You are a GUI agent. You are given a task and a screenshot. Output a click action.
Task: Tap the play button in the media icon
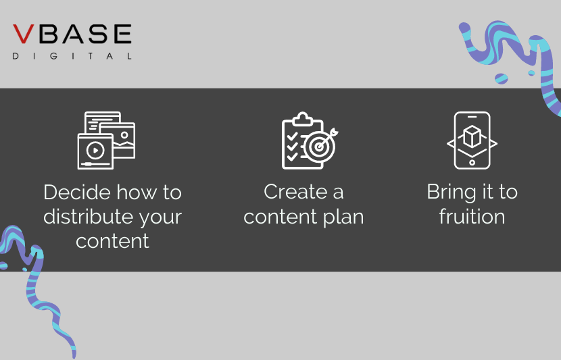click(x=95, y=150)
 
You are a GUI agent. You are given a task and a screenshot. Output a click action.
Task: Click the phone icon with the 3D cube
click(x=472, y=140)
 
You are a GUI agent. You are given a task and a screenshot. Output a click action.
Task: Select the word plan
click(x=342, y=217)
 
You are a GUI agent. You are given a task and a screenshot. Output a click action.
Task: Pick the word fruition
click(x=472, y=217)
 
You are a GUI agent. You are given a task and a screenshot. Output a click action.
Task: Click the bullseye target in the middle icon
click(x=317, y=146)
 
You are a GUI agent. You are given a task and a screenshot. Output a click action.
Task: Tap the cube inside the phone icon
click(x=472, y=138)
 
